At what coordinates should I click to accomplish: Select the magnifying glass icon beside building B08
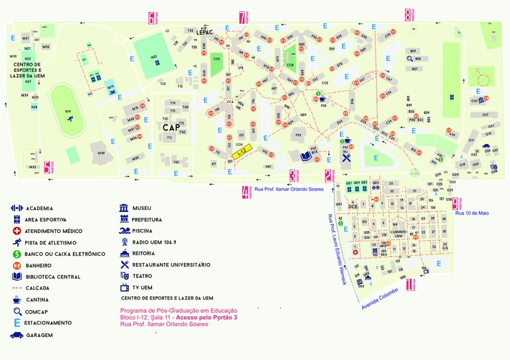(x=410, y=59)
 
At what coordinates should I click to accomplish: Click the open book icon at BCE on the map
(x=305, y=156)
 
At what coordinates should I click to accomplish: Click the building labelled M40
(x=101, y=153)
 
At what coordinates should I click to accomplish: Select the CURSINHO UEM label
(x=399, y=234)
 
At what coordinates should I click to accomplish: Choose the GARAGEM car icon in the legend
(x=15, y=335)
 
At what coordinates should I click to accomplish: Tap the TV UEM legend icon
(x=124, y=287)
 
